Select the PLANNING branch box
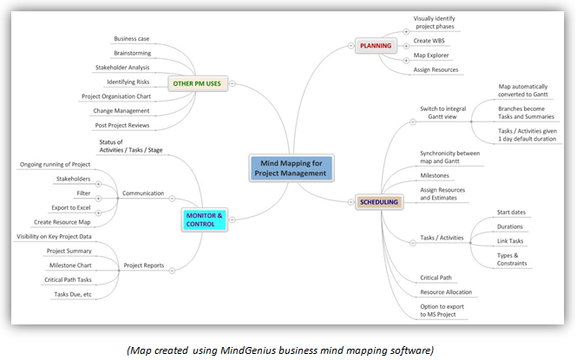[376, 44]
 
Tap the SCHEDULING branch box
[379, 202]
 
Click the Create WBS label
[429, 40]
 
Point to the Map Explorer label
[430, 56]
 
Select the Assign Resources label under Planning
[436, 69]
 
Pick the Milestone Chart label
[72, 265]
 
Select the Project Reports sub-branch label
[144, 266]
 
